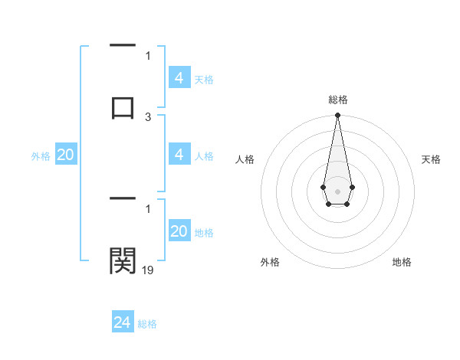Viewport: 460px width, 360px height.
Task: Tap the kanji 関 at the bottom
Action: click(123, 260)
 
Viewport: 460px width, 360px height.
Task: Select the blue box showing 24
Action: click(123, 322)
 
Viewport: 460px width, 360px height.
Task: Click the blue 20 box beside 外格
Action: click(66, 155)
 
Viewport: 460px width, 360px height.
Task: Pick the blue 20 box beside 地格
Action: click(179, 232)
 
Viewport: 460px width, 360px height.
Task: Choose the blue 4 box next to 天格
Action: click(179, 78)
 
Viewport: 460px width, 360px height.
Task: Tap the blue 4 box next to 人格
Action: click(179, 155)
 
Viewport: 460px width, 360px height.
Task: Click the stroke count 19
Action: click(148, 270)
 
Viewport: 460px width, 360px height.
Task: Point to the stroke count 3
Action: click(148, 117)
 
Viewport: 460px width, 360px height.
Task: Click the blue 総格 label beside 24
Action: click(147, 324)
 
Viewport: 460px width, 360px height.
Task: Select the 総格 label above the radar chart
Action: click(337, 100)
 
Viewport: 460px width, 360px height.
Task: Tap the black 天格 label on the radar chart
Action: click(431, 159)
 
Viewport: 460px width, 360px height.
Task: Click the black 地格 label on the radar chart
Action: click(402, 262)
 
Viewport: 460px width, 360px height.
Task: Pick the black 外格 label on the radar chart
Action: click(270, 262)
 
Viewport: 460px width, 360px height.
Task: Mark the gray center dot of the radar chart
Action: click(337, 190)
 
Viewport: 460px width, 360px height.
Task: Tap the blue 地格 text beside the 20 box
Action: click(204, 233)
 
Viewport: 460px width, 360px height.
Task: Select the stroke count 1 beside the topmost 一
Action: click(148, 55)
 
